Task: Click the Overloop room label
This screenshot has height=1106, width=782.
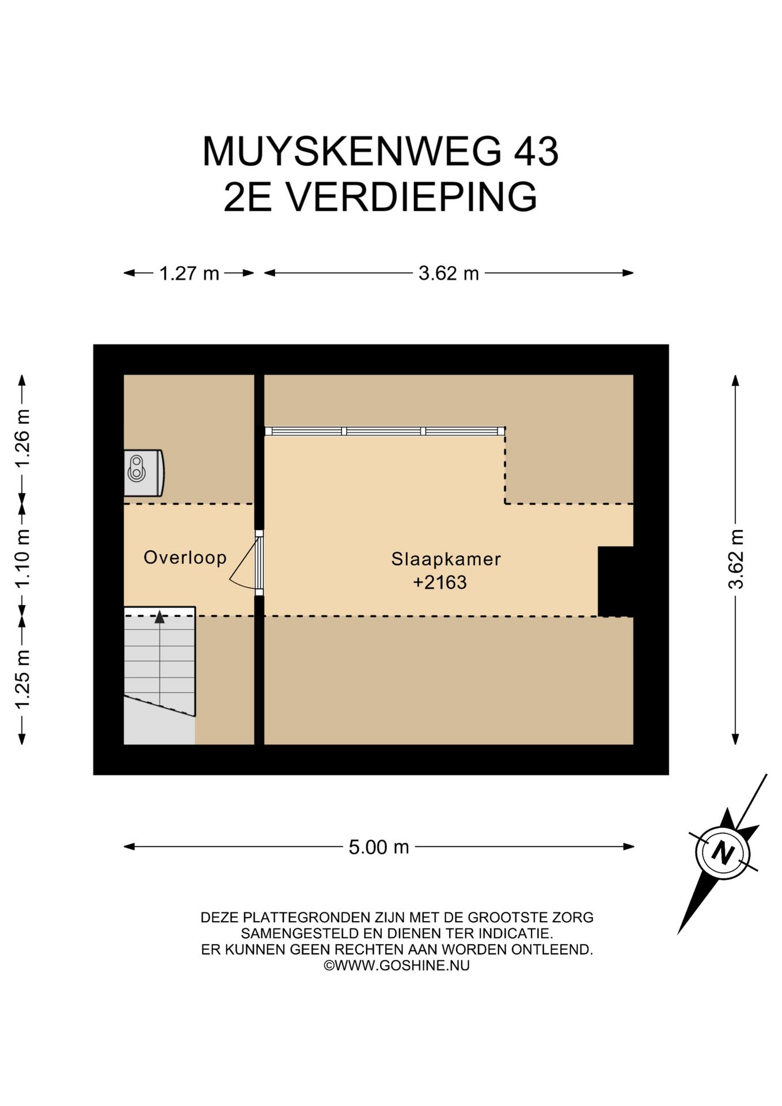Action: click(x=185, y=558)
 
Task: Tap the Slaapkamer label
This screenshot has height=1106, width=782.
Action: click(x=446, y=559)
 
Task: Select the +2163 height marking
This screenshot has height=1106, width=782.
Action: click(x=440, y=582)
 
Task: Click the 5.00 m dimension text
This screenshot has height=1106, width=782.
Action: click(x=379, y=847)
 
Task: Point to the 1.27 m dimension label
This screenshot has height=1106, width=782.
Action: click(x=189, y=273)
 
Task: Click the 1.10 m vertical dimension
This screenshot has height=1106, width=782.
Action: click(x=22, y=558)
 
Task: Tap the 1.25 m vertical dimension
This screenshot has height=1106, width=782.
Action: click(x=22, y=680)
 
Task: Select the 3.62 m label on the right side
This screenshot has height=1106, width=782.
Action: click(x=735, y=559)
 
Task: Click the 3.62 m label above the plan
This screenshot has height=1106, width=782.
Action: click(x=449, y=273)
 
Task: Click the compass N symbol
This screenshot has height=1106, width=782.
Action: click(x=723, y=851)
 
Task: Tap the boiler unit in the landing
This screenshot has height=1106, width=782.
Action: click(x=144, y=472)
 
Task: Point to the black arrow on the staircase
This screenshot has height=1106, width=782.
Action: click(x=160, y=617)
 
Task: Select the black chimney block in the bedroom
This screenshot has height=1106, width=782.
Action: click(x=616, y=581)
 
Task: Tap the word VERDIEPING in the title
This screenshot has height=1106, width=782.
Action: click(x=412, y=197)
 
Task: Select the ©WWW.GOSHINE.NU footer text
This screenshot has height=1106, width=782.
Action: click(x=397, y=965)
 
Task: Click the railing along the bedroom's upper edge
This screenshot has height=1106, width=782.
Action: click(x=385, y=431)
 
